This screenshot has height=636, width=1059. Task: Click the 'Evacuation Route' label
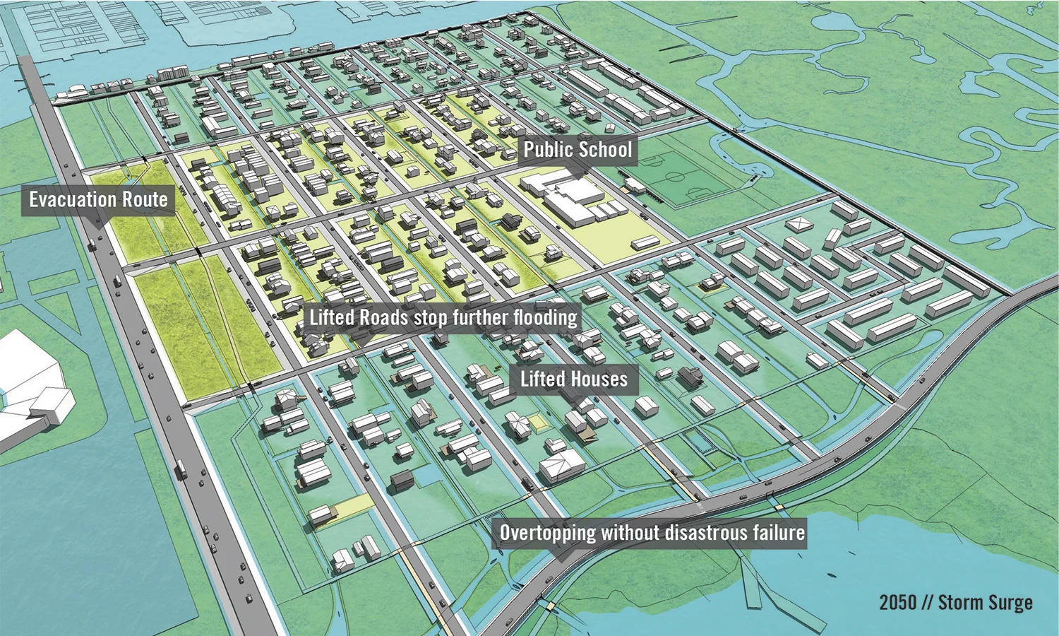[98, 200]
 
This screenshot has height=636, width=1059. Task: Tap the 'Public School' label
[578, 150]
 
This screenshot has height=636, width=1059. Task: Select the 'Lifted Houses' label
[573, 379]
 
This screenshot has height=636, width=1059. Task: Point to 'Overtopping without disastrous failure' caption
[652, 532]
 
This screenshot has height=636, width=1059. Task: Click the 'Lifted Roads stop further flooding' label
[443, 317]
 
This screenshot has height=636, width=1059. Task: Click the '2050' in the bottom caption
[898, 603]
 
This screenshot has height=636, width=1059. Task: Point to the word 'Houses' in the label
[599, 379]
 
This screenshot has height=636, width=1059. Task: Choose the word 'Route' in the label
[145, 200]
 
